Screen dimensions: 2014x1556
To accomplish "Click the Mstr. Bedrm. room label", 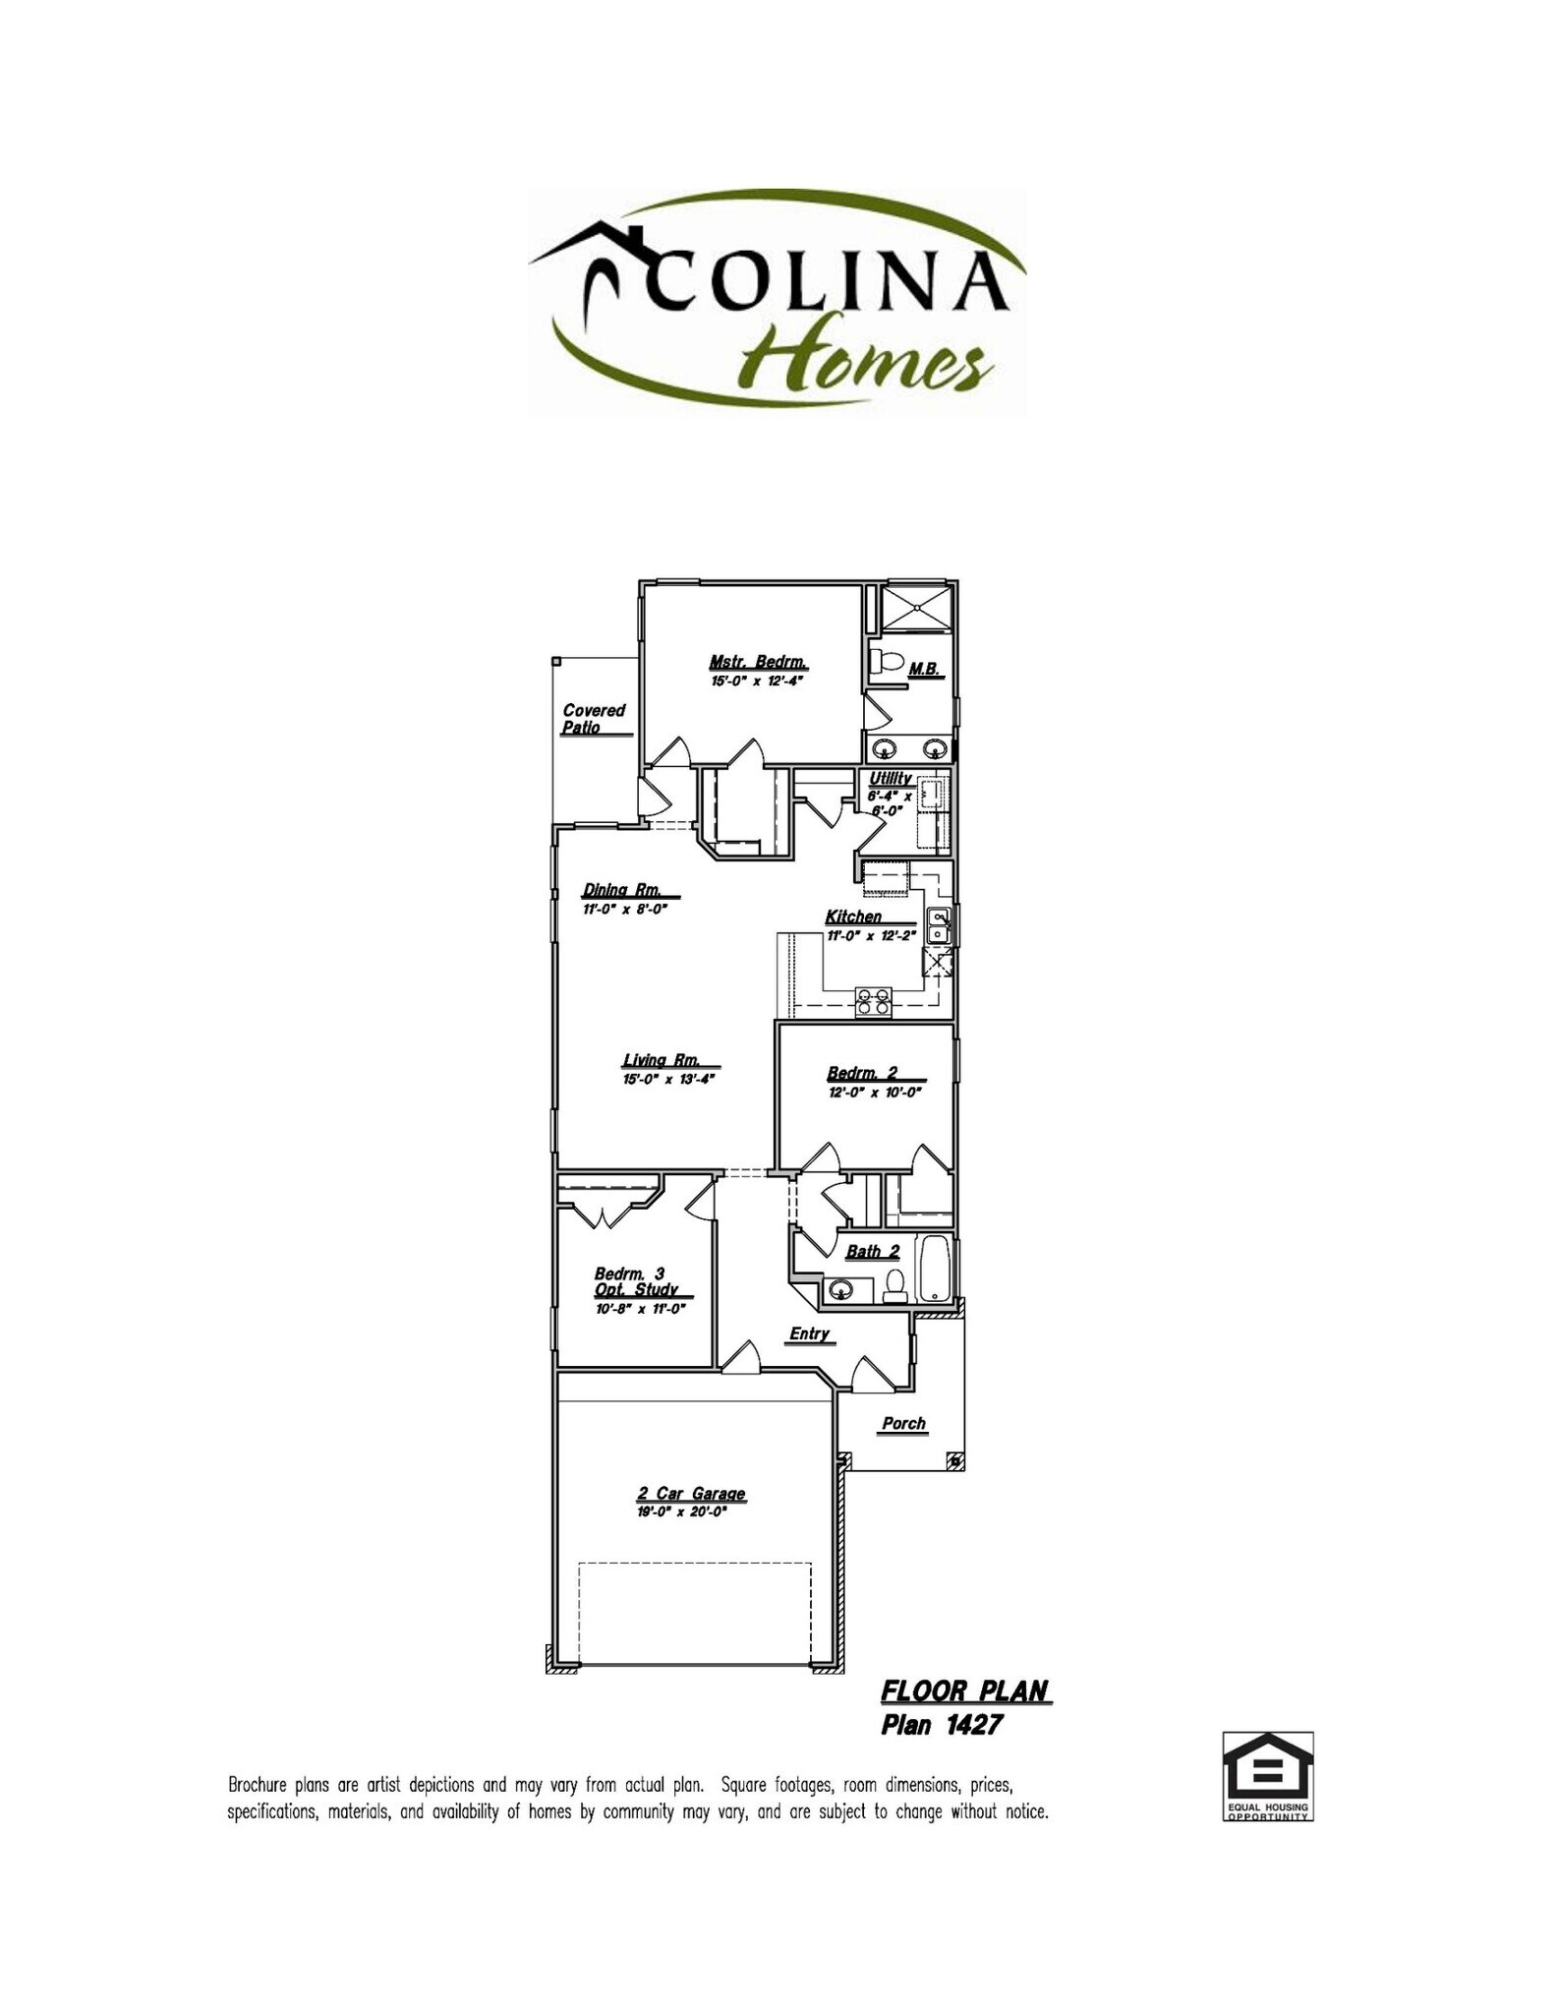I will point(758,662).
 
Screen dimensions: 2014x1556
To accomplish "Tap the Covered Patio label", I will point(593,718).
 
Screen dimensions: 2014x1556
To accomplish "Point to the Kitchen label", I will point(853,917).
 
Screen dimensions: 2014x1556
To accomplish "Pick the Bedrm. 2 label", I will point(862,1073).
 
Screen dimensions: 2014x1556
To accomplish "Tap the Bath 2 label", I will point(873,1252).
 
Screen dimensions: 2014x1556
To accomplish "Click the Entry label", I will point(810,1333).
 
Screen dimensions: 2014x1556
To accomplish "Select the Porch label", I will point(903,1423).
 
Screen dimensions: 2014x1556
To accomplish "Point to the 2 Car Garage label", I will point(690,1494).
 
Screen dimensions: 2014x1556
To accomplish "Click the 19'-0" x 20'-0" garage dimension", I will point(681,1512).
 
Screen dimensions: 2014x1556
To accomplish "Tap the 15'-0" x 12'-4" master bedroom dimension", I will point(758,681).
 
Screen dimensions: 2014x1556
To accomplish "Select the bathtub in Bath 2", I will point(933,1269).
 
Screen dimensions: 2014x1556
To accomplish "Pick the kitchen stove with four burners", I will point(873,1000).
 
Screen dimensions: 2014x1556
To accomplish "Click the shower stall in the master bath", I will point(916,608).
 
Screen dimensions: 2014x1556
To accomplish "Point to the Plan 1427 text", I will point(942,1725).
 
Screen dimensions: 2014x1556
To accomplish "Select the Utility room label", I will point(891,778).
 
